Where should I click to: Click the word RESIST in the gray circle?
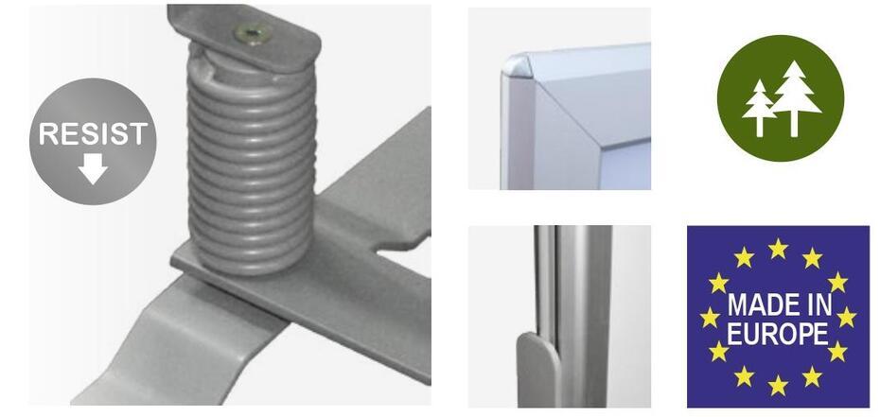pyautogui.click(x=93, y=134)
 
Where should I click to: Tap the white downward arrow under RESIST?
pyautogui.click(x=93, y=168)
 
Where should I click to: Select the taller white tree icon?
pyautogui.click(x=795, y=98)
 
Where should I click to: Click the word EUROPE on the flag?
pyautogui.click(x=778, y=334)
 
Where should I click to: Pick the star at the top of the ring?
pyautogui.click(x=778, y=248)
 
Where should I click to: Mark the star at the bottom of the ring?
pyautogui.click(x=778, y=386)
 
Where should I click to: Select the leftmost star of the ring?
pyautogui.click(x=710, y=317)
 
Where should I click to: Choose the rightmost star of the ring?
pyautogui.click(x=846, y=317)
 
